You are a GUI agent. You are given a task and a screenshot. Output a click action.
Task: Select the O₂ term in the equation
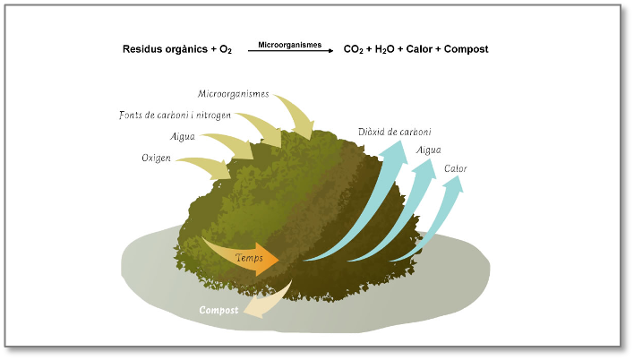click(x=225, y=50)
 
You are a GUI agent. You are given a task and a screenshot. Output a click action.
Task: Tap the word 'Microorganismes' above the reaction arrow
click(x=289, y=43)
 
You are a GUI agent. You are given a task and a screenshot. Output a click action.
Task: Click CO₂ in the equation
click(x=353, y=50)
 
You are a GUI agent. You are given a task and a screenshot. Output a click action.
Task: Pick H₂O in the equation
click(x=386, y=50)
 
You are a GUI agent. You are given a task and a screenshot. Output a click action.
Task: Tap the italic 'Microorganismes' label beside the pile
click(x=233, y=93)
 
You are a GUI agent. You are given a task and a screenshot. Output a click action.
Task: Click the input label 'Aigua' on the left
click(x=183, y=137)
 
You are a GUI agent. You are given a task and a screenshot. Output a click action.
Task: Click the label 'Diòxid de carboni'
click(x=394, y=132)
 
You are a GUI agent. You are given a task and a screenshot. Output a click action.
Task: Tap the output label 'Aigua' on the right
click(x=428, y=150)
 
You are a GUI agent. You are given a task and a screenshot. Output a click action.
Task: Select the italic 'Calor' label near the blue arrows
click(x=455, y=167)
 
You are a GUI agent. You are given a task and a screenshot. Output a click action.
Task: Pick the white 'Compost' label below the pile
click(x=218, y=310)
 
